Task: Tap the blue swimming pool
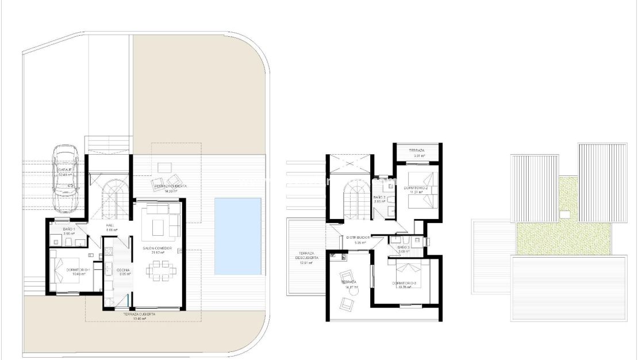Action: pyautogui.click(x=238, y=236)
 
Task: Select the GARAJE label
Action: pyautogui.click(x=64, y=170)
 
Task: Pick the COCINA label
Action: pyautogui.click(x=124, y=270)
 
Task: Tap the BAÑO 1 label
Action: pyautogui.click(x=70, y=229)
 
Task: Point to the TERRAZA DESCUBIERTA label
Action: pyautogui.click(x=304, y=256)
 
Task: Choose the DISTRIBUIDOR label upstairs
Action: pyautogui.click(x=358, y=238)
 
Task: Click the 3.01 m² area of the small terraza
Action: pyautogui.click(x=417, y=155)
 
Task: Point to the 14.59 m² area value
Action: pyautogui.click(x=170, y=192)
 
